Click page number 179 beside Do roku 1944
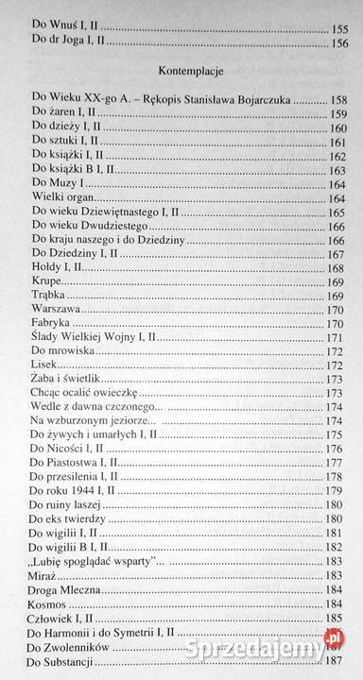click(x=335, y=490)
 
